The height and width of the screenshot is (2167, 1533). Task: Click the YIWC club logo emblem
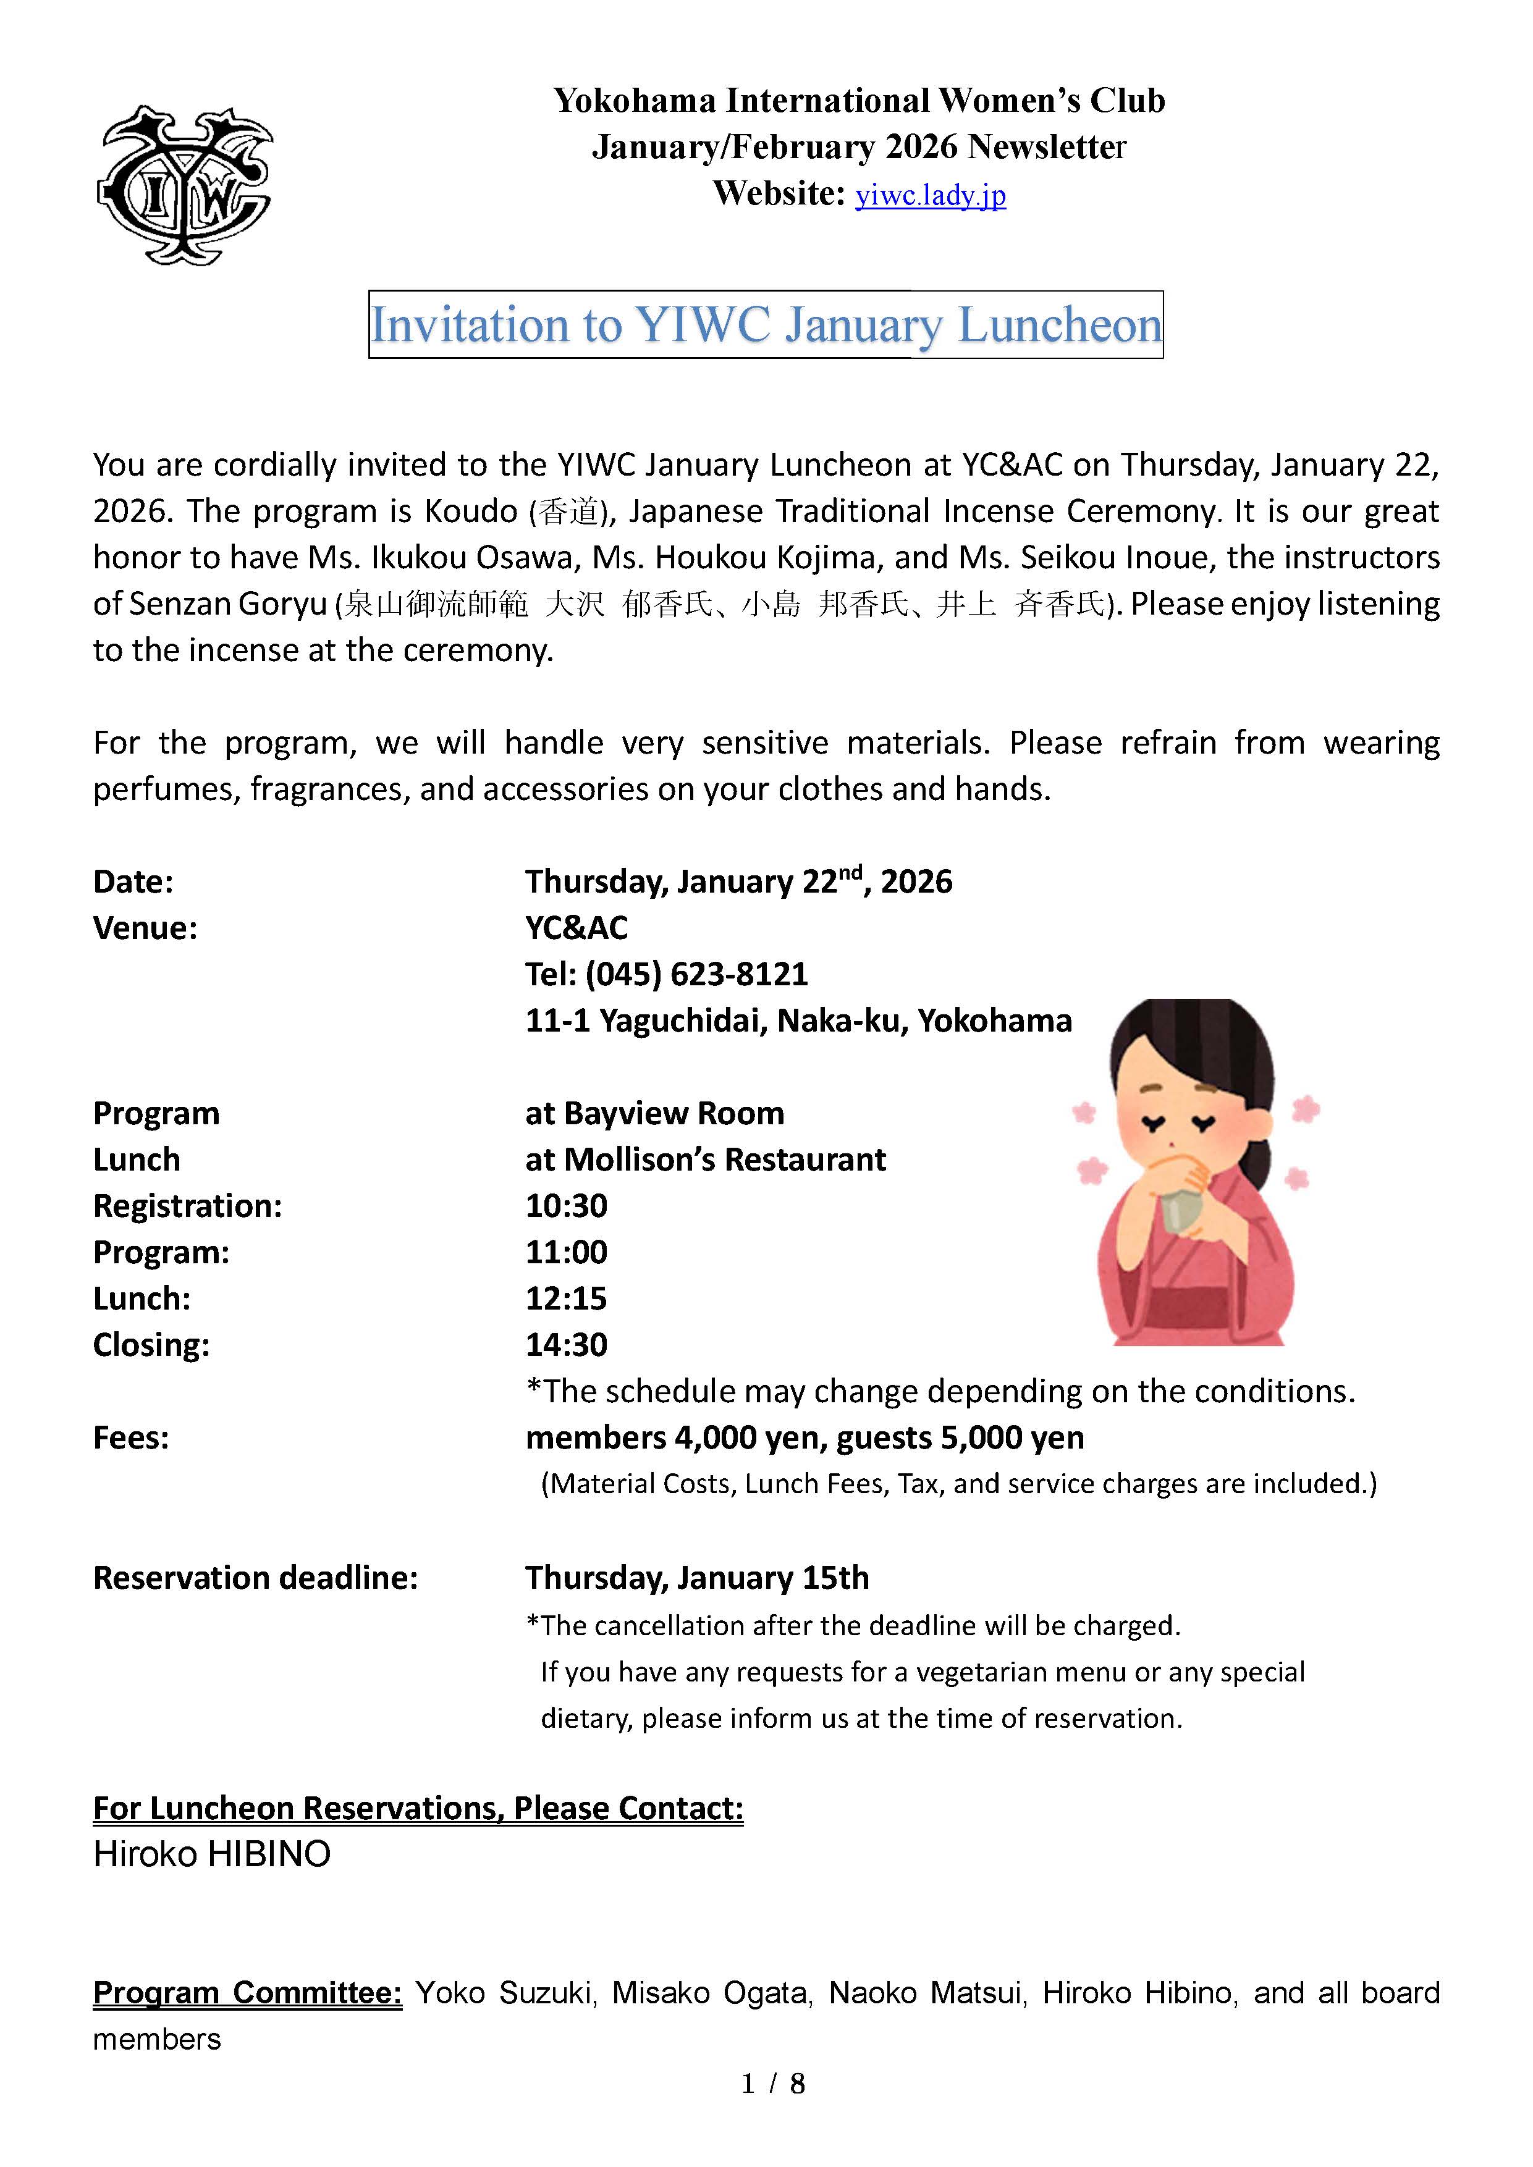click(x=185, y=185)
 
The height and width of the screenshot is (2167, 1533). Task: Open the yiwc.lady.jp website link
click(x=930, y=195)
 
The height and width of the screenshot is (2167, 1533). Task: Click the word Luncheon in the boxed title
click(x=1059, y=326)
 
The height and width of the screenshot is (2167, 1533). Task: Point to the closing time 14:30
click(x=567, y=1345)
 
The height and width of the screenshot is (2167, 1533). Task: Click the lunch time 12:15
click(x=567, y=1298)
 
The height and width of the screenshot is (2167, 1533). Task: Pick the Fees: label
click(x=131, y=1438)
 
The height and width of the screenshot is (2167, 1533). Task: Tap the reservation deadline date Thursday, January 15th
click(x=696, y=1578)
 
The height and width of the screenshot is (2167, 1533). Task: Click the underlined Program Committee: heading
click(x=247, y=1992)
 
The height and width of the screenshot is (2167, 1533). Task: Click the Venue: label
click(x=145, y=928)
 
